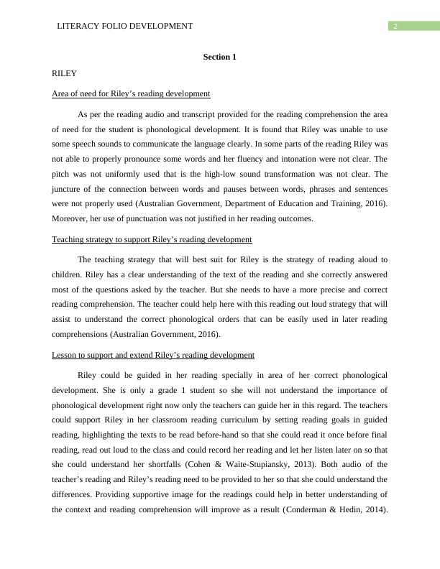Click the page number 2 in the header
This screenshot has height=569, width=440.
(394, 27)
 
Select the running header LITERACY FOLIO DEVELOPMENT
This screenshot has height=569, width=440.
(124, 27)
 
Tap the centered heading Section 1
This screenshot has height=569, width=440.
(219, 57)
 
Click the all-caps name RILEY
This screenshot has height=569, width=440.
(65, 73)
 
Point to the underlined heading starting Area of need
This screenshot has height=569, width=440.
(131, 93)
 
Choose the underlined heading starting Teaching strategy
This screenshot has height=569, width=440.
(152, 239)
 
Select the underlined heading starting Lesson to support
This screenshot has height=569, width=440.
(153, 355)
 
